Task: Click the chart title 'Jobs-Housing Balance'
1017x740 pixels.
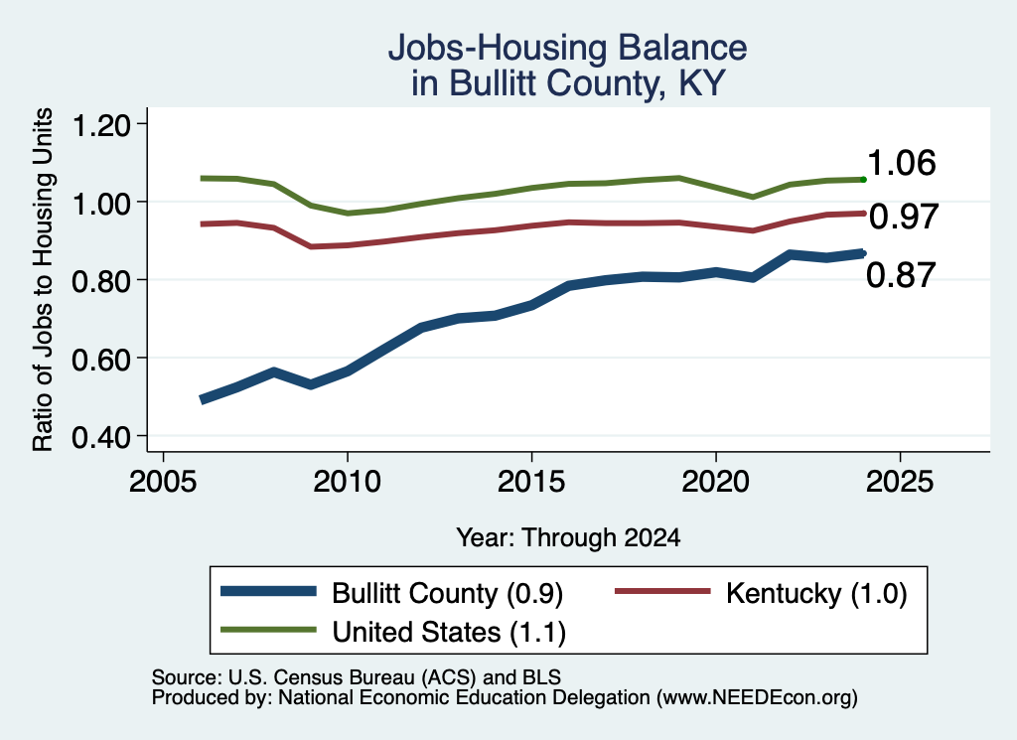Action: click(567, 48)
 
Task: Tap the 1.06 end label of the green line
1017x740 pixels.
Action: click(902, 163)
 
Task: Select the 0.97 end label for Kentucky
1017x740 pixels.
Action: click(904, 217)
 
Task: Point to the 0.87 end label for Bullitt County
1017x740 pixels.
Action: click(901, 275)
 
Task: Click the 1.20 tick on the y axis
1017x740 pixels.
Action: click(101, 124)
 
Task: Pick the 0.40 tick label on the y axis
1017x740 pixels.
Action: click(101, 437)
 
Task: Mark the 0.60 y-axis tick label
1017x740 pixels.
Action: click(101, 360)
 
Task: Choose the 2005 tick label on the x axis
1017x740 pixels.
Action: click(164, 482)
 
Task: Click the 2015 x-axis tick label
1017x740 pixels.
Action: click(531, 482)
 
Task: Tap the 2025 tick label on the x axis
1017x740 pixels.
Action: click(900, 482)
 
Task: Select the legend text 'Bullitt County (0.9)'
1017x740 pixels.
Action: click(448, 593)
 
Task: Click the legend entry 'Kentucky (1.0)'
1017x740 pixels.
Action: click(816, 593)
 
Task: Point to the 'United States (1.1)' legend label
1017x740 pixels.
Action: click(449, 632)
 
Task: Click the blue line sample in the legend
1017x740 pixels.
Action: click(268, 591)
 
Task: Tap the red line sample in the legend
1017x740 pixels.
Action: click(662, 591)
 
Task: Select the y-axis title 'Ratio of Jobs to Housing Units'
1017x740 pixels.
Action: click(43, 279)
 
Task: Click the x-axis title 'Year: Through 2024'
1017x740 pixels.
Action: click(568, 537)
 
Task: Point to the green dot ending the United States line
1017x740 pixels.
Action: click(863, 179)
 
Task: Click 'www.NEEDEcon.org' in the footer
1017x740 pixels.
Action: click(756, 698)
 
